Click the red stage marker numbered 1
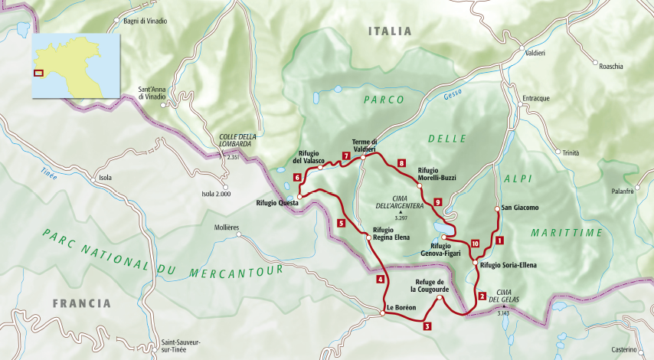tap(499, 241)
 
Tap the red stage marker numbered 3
tap(427, 326)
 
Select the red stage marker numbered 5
tap(341, 224)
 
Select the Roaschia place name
tap(611, 67)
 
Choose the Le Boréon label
tap(401, 308)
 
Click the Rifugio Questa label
tap(275, 203)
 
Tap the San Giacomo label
tap(521, 208)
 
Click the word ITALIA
tap(389, 31)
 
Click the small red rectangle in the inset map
tap(39, 74)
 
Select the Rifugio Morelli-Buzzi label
tap(437, 174)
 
